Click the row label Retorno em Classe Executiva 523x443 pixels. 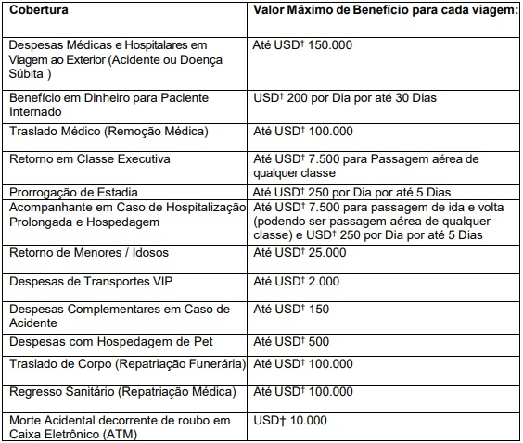pos(89,158)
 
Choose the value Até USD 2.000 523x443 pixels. pos(296,281)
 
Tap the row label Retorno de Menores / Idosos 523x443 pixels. pos(85,253)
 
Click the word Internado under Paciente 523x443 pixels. pos(35,111)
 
